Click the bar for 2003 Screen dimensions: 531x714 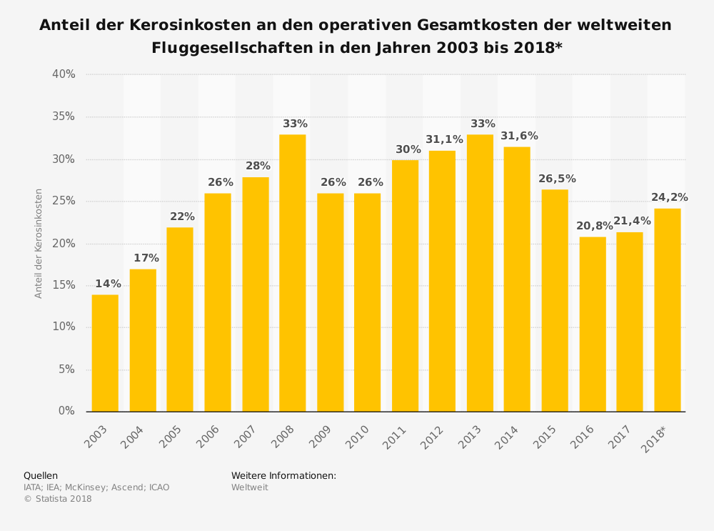105,353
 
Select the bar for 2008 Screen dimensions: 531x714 292,273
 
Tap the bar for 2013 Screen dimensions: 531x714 480,273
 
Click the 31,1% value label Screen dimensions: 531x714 444,140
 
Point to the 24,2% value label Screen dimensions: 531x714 669,198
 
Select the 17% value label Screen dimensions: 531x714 146,259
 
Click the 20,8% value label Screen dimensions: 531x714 594,227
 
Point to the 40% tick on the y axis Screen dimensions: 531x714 64,74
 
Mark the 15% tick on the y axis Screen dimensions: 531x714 64,285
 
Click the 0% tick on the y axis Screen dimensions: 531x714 66,411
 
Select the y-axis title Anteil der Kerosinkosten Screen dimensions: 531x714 39,243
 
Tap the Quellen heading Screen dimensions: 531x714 41,476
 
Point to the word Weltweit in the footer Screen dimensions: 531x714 249,487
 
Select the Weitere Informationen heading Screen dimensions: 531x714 283,476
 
